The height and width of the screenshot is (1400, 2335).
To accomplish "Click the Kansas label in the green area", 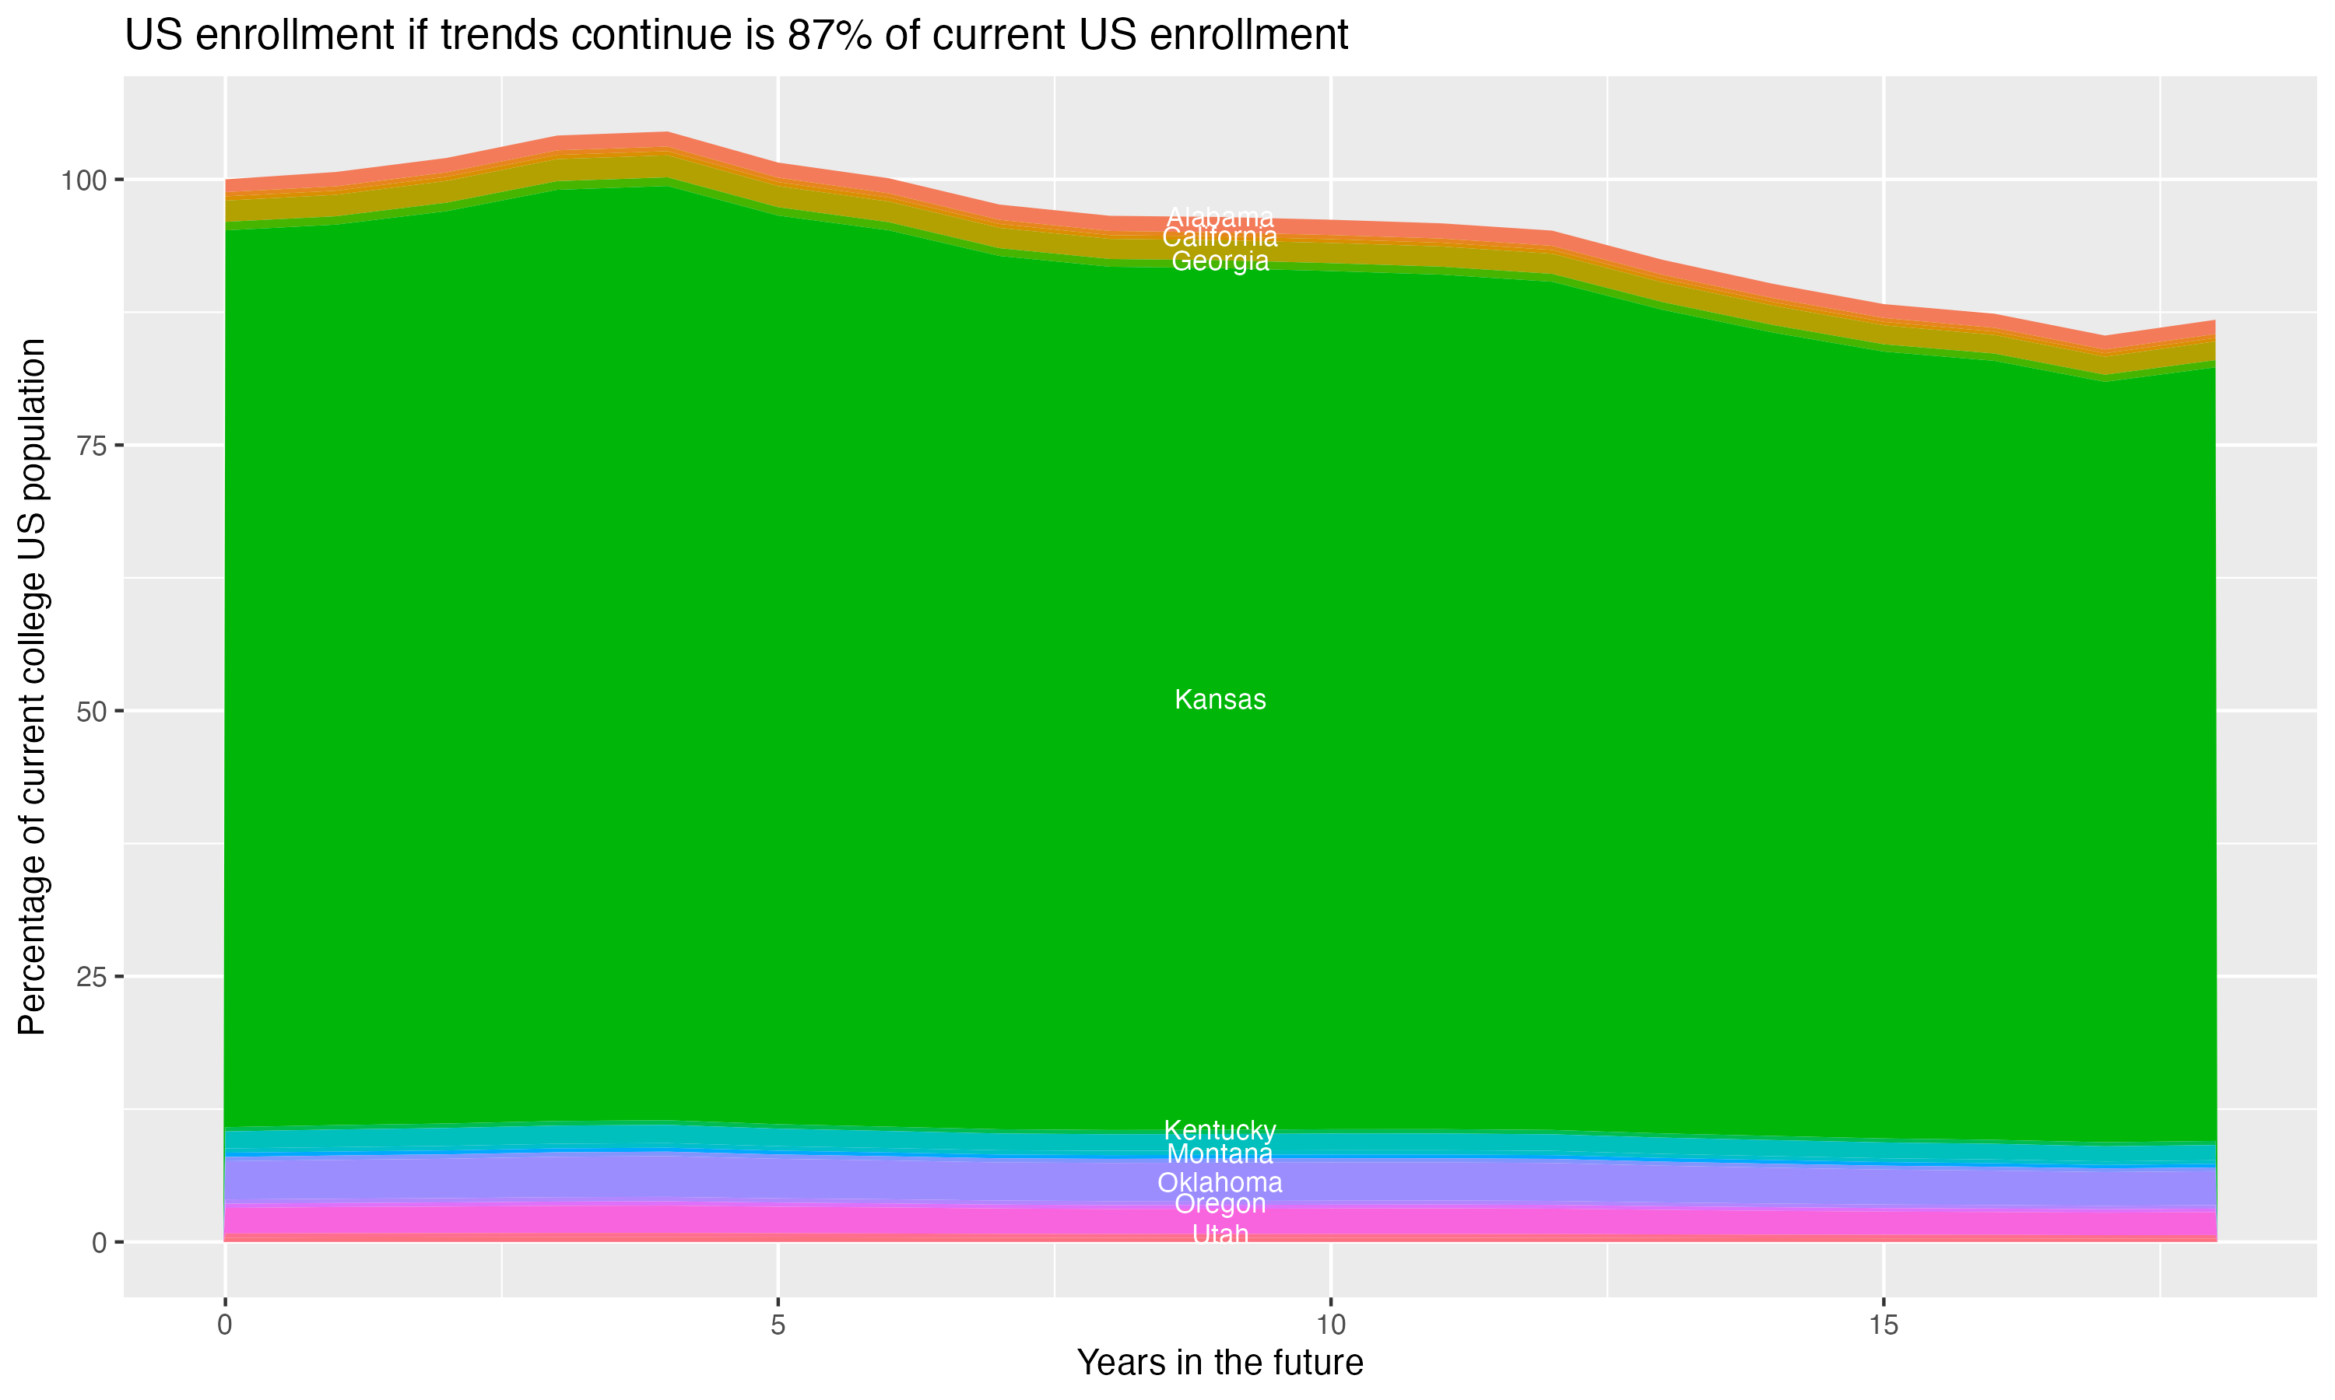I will (x=1220, y=700).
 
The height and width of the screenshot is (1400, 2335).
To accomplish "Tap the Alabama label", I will (x=1220, y=218).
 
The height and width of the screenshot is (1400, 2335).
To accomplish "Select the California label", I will (x=1220, y=238).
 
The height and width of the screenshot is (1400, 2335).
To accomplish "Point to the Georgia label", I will (x=1220, y=261).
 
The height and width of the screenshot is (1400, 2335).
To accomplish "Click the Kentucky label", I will (x=1220, y=1130).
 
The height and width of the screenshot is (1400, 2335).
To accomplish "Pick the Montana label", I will (x=1220, y=1153).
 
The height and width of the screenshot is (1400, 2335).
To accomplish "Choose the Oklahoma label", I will (x=1220, y=1182).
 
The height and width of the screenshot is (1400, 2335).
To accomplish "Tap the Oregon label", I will (x=1220, y=1204).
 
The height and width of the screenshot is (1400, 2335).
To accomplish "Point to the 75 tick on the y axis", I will (x=93, y=446).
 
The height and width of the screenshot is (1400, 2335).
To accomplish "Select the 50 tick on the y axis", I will (x=93, y=712).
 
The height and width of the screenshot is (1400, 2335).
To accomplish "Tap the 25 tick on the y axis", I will (x=93, y=976).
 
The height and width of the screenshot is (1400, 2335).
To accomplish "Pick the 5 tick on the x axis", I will (x=778, y=1325).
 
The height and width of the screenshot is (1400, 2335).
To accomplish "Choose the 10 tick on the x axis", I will (x=1330, y=1325).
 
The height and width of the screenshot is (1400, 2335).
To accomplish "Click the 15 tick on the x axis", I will (x=1883, y=1325).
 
